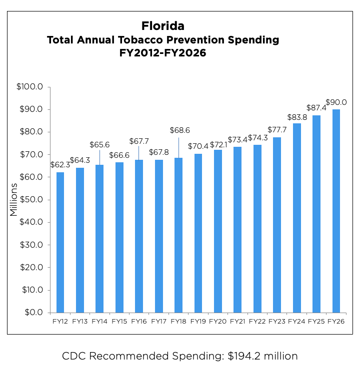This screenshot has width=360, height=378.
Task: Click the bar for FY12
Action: (60, 242)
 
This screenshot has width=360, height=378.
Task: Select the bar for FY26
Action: (336, 211)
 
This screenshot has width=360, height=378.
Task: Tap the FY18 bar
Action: (178, 235)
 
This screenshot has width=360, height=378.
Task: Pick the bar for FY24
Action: (296, 218)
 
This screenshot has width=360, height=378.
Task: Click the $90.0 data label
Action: (335, 102)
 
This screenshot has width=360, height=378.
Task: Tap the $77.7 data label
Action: (277, 130)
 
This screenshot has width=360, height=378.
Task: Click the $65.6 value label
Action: (99, 144)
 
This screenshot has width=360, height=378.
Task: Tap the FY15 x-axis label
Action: (119, 321)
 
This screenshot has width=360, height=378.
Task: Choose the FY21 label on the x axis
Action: (237, 321)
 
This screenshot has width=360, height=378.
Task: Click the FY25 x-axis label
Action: (316, 321)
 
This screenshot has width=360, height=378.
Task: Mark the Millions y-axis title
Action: (13, 200)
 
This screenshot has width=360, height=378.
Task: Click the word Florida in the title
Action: (162, 25)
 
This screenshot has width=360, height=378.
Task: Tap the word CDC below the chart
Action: (74, 356)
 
